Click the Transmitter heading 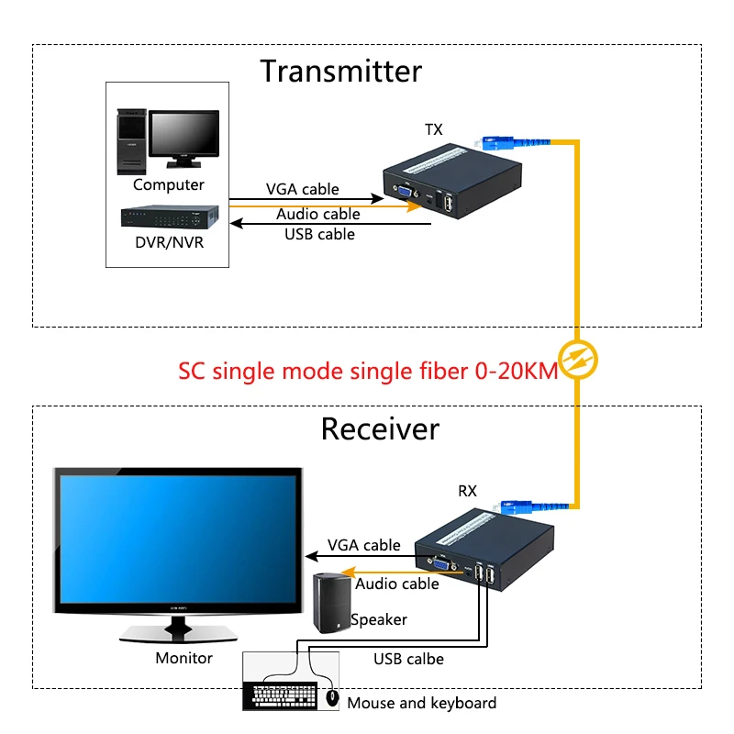tap(340, 71)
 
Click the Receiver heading tap(380, 428)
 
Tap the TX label tap(433, 129)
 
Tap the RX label tap(467, 491)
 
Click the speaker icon tap(331, 603)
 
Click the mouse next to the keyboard tap(332, 699)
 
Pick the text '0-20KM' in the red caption tap(515, 371)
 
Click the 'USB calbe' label tap(408, 659)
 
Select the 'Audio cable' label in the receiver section tap(397, 584)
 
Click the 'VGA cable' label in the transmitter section tap(302, 189)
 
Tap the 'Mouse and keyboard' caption tap(421, 703)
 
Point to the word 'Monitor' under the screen tap(183, 658)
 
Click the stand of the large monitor tap(177, 630)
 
